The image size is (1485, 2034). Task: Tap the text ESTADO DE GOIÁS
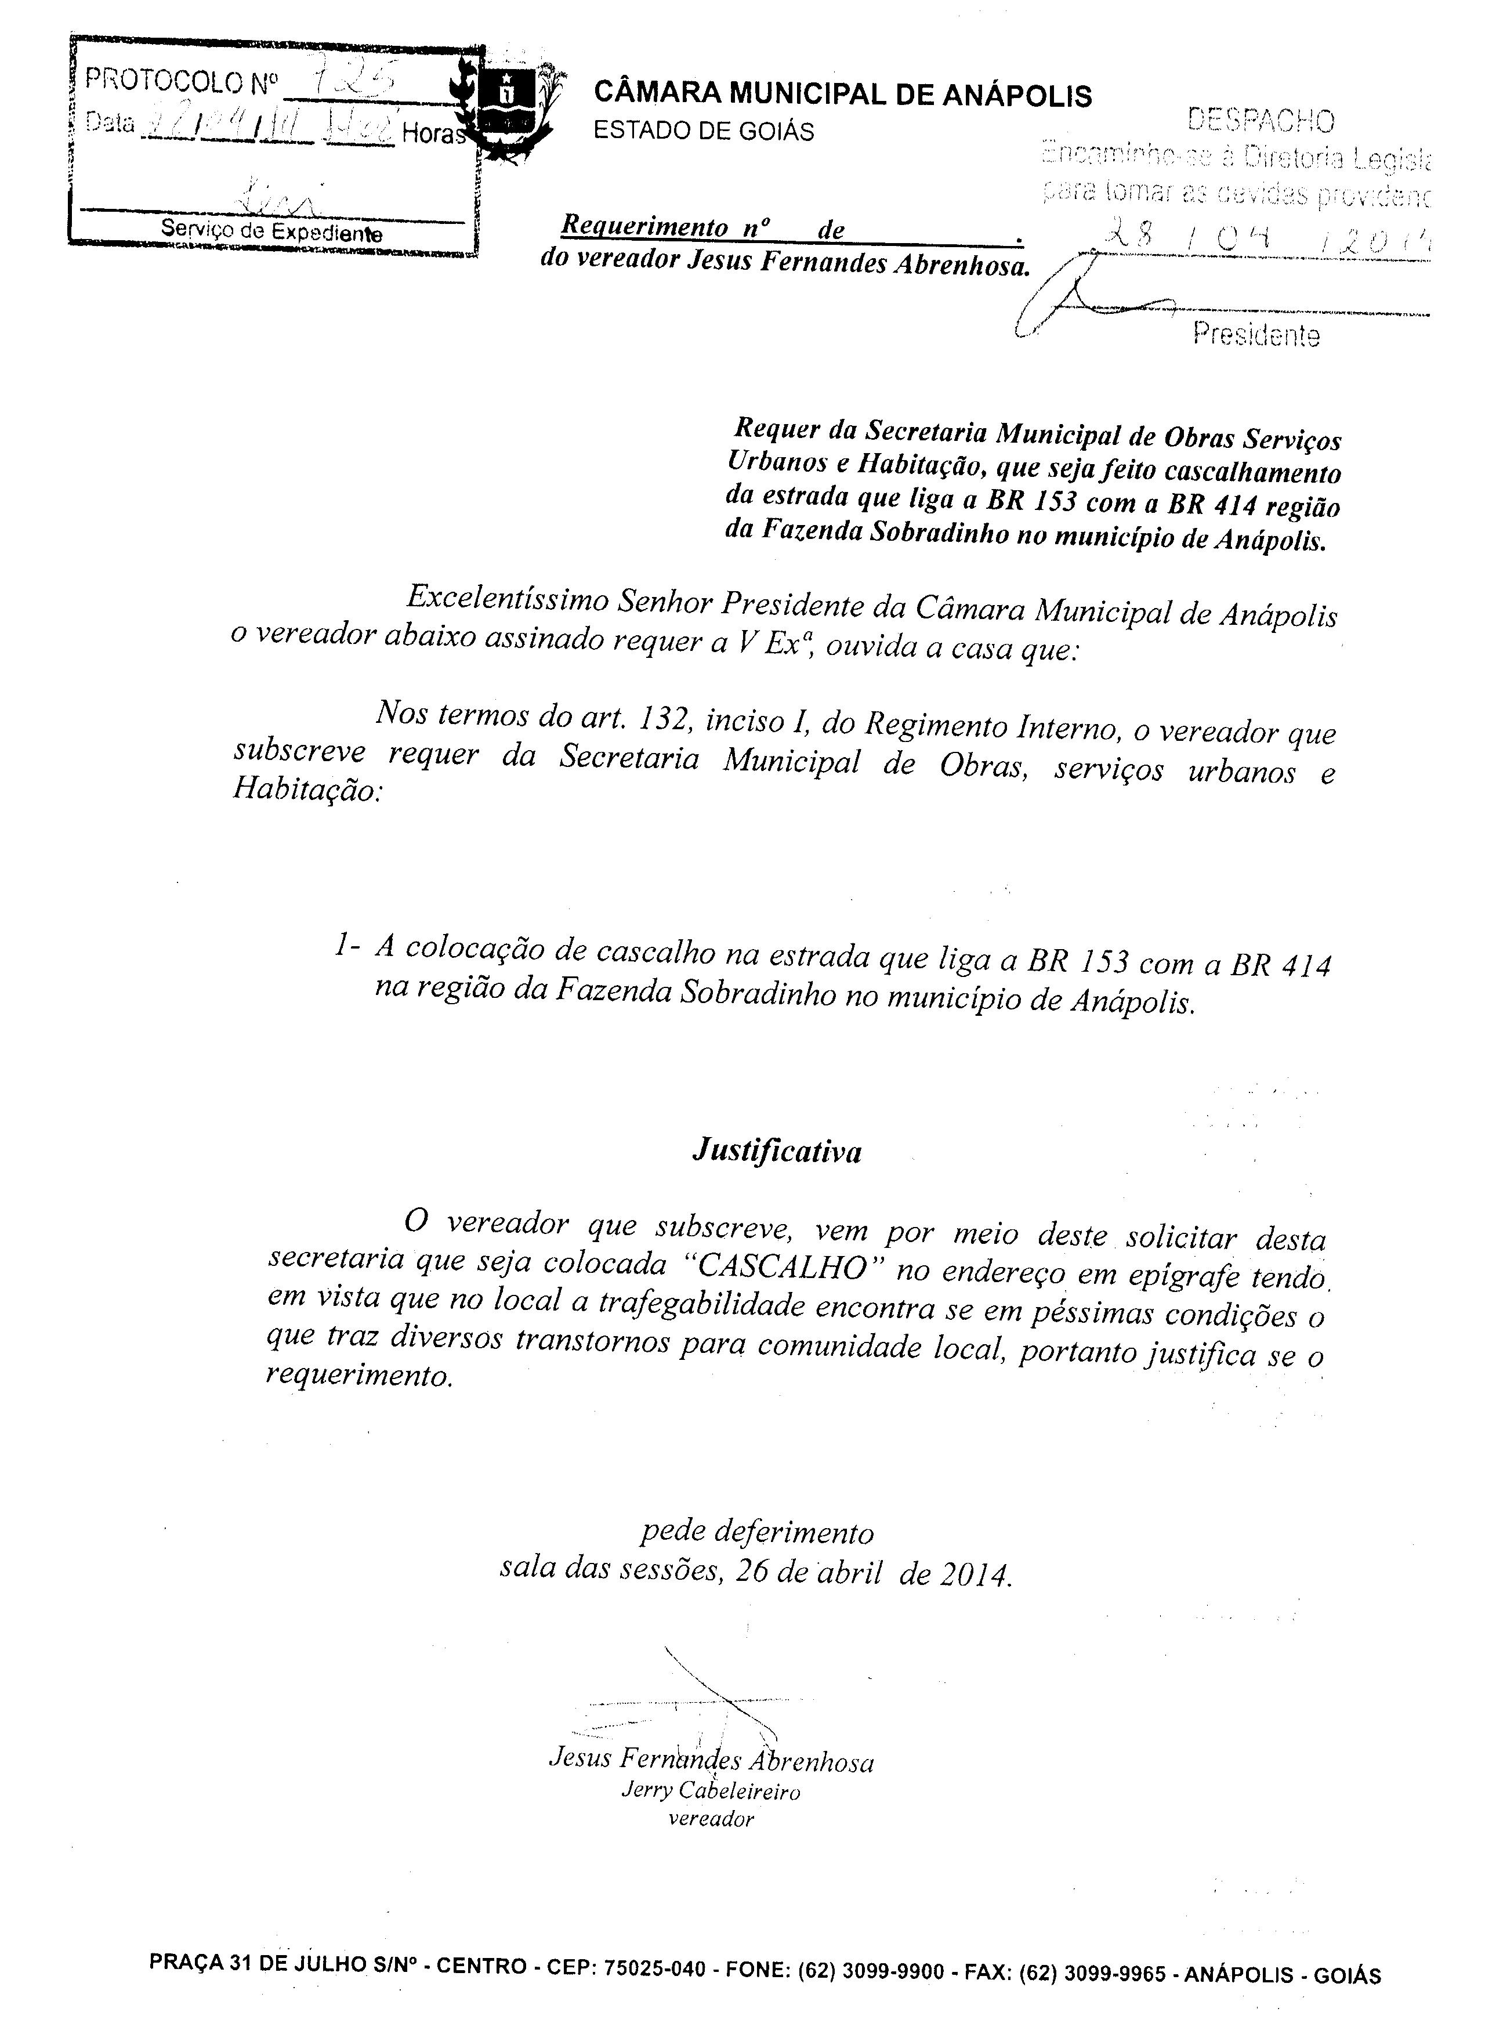[x=704, y=131]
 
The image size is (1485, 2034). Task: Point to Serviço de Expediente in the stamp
[x=271, y=231]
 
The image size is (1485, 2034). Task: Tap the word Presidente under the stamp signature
[x=1256, y=335]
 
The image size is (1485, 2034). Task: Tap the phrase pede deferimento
[x=757, y=1530]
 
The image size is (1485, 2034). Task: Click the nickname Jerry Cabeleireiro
[x=710, y=1790]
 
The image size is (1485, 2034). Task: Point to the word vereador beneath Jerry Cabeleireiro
[x=711, y=1819]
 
